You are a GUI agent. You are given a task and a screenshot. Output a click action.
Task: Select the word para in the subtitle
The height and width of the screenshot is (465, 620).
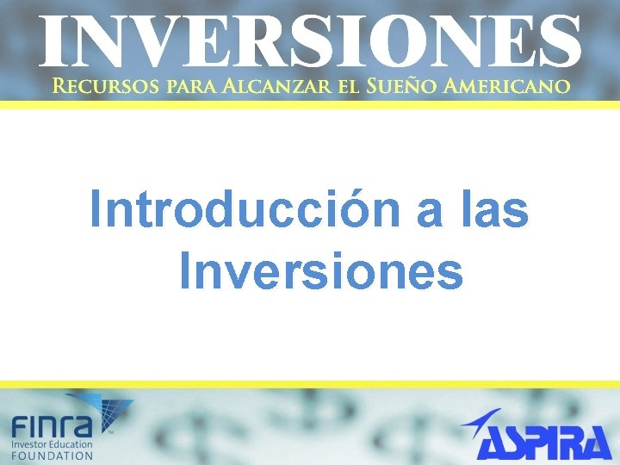coord(191,86)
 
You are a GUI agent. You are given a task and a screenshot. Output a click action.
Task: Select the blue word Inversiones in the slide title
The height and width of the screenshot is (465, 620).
coord(321,271)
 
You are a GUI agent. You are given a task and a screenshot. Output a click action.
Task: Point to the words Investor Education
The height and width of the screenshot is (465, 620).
coord(53,443)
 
